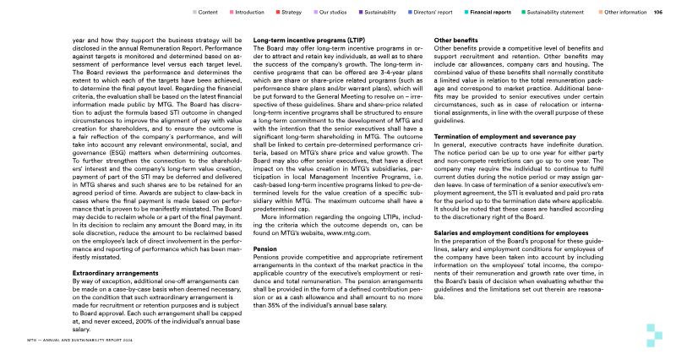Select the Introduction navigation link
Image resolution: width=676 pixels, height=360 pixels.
click(x=249, y=13)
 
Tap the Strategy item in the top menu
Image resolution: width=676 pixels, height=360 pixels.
click(x=292, y=13)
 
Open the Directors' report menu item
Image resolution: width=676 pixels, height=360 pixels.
click(x=434, y=13)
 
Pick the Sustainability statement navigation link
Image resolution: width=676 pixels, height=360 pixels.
click(x=559, y=13)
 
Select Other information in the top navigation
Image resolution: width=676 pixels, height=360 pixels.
click(x=625, y=13)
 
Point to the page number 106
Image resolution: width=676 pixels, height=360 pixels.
click(x=657, y=13)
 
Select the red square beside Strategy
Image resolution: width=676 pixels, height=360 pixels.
click(x=278, y=13)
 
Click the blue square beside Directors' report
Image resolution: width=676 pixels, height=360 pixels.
click(x=407, y=13)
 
